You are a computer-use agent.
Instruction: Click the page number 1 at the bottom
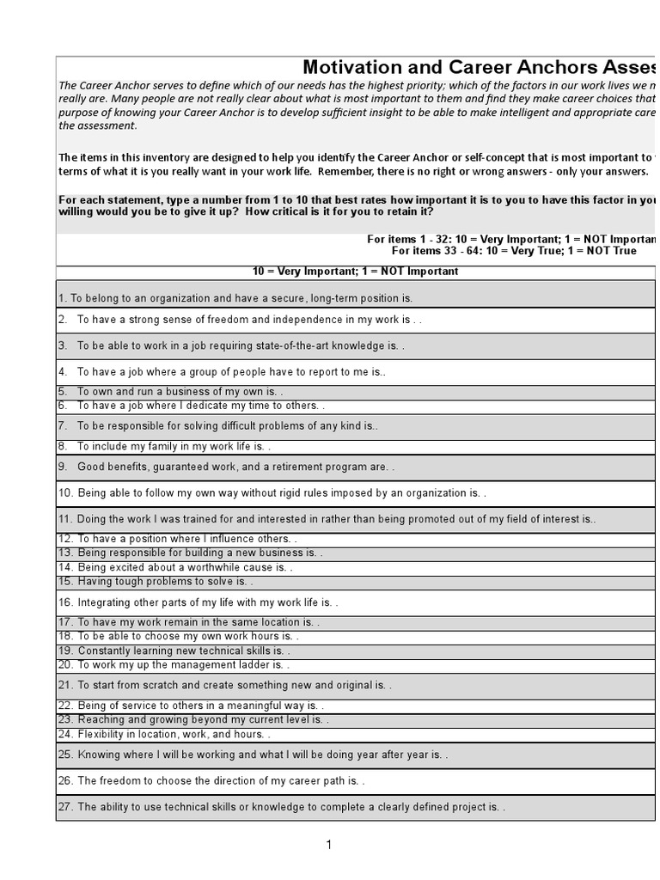(328, 846)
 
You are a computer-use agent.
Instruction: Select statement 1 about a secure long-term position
(235, 298)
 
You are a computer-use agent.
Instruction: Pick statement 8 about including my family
(174, 447)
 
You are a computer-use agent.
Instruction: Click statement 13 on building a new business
(190, 553)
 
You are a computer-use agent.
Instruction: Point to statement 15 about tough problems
(156, 582)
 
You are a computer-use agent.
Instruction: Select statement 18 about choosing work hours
(179, 637)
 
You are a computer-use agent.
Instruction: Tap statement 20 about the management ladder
(174, 665)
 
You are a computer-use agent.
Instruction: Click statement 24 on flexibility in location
(164, 735)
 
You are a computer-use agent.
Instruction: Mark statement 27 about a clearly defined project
(282, 808)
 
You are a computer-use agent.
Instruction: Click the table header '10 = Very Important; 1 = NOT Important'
(355, 272)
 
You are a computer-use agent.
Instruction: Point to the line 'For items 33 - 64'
(514, 251)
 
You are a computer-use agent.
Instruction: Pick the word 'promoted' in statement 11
(402, 520)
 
